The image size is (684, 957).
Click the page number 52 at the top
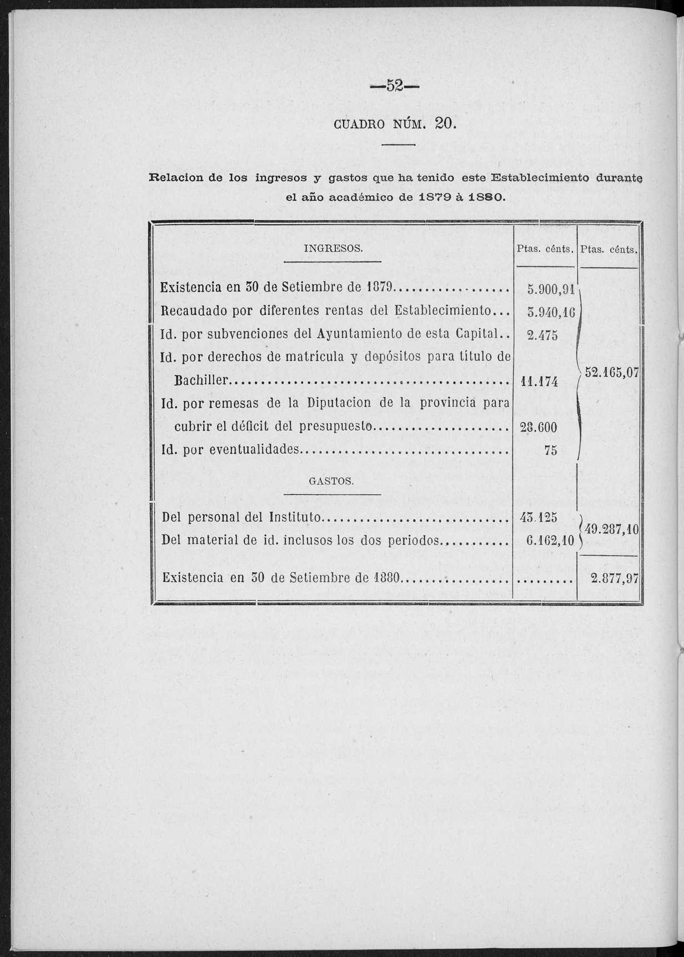[395, 86]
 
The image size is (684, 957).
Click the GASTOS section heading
[331, 481]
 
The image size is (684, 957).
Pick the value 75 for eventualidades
[550, 450]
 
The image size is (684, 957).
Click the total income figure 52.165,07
[613, 373]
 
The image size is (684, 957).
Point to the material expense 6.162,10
[550, 540]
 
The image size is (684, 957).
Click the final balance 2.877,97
[615, 578]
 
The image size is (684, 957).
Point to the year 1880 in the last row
[387, 578]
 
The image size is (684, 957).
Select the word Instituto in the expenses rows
[294, 517]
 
